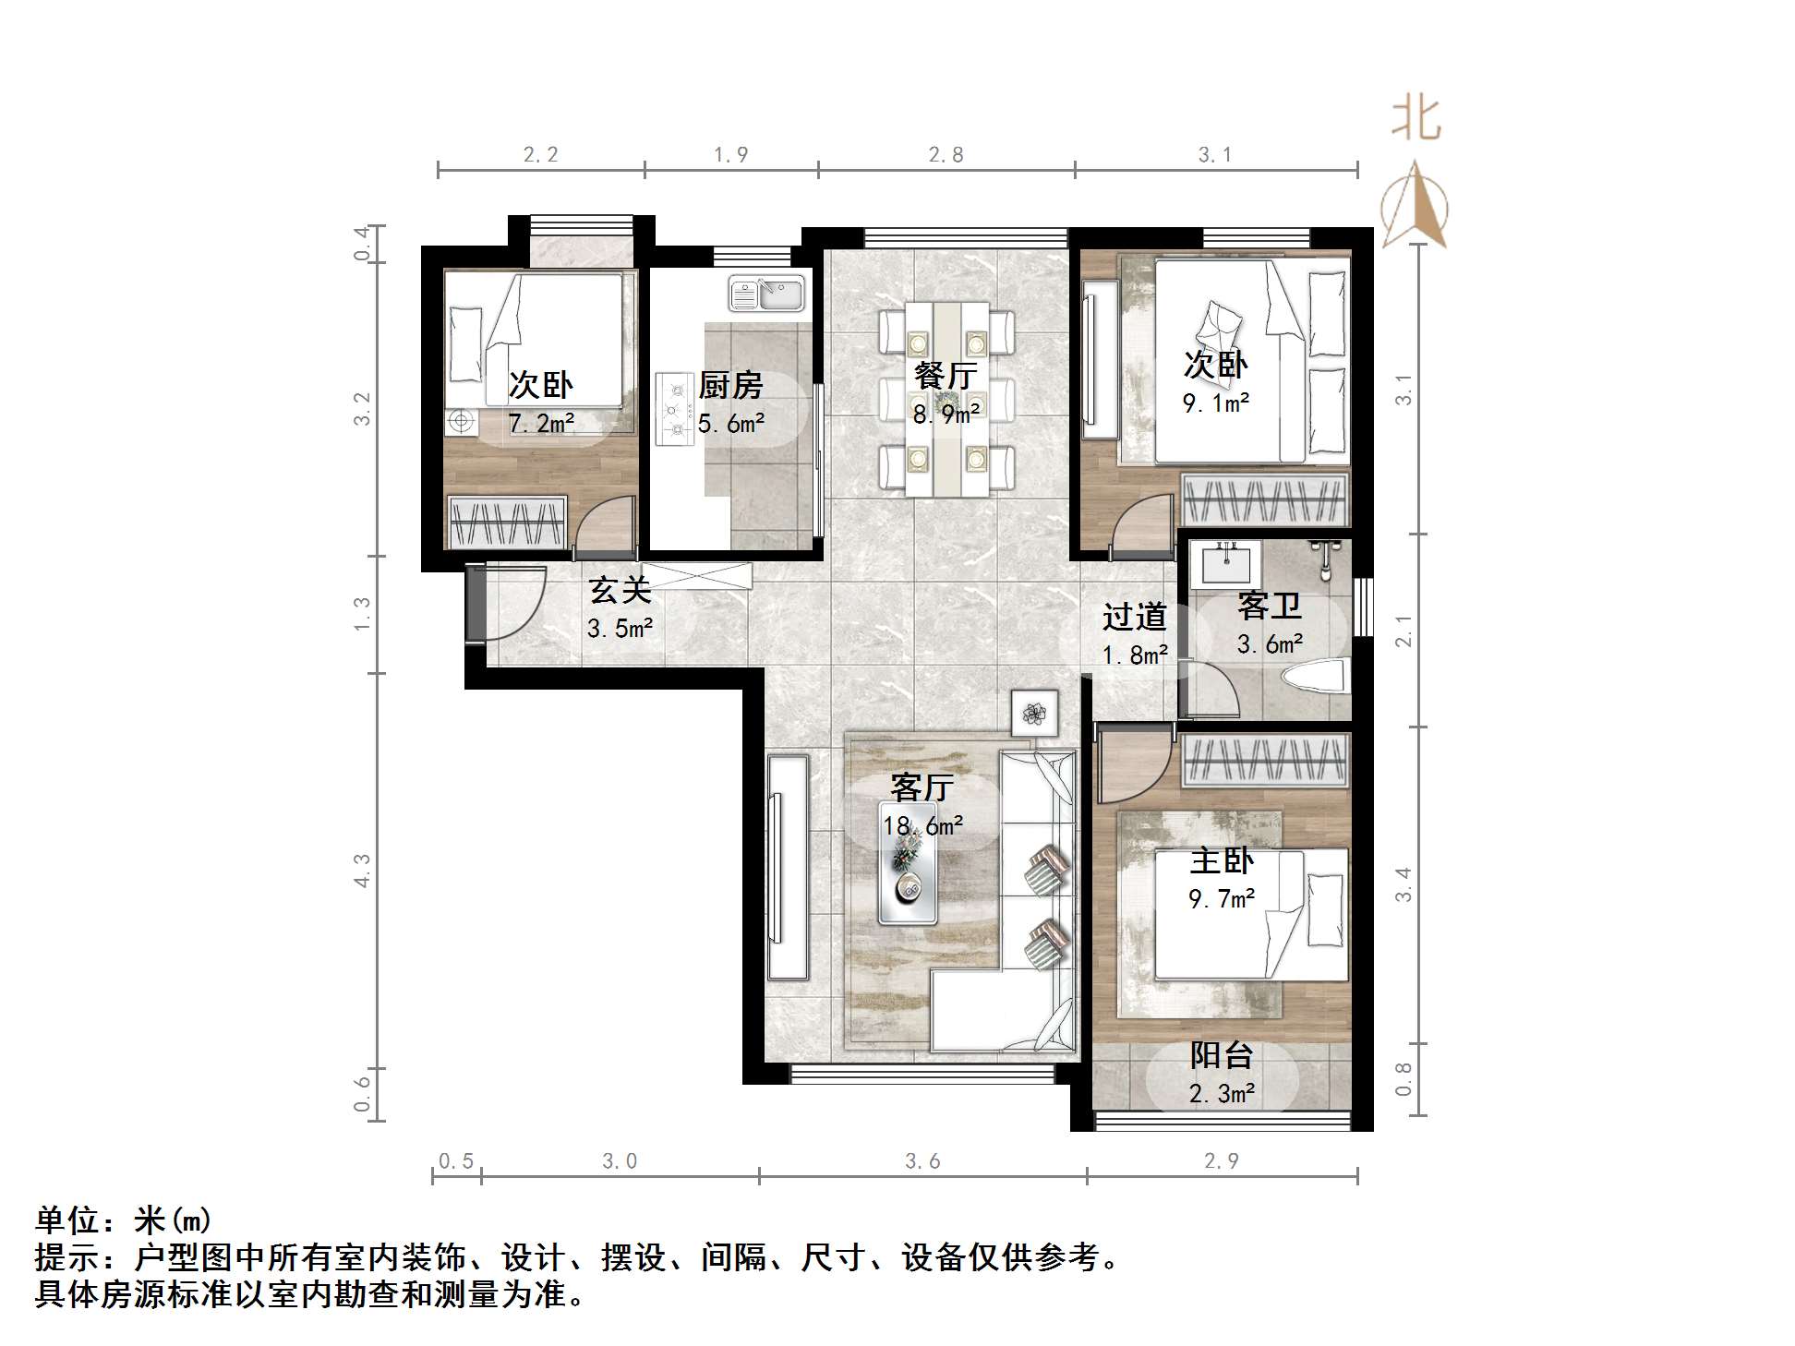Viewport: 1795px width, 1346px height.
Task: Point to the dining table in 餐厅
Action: coord(946,399)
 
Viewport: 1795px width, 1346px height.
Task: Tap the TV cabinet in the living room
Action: coord(788,867)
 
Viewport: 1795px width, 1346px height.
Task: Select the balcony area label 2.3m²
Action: coord(1221,1094)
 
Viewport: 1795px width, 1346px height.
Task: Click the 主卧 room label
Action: coord(1221,860)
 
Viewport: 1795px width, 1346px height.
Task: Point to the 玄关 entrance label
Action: coord(620,590)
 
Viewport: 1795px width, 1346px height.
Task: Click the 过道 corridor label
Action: coord(1134,617)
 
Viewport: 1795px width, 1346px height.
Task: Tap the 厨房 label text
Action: coord(730,385)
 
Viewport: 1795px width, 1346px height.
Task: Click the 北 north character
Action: coord(1416,118)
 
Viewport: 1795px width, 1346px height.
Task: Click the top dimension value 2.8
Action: coord(946,155)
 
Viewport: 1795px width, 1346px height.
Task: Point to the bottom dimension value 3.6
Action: coord(922,1161)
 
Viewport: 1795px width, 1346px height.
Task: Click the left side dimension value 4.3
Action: coord(362,871)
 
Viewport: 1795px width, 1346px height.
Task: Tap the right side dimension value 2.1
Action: coord(1403,631)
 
